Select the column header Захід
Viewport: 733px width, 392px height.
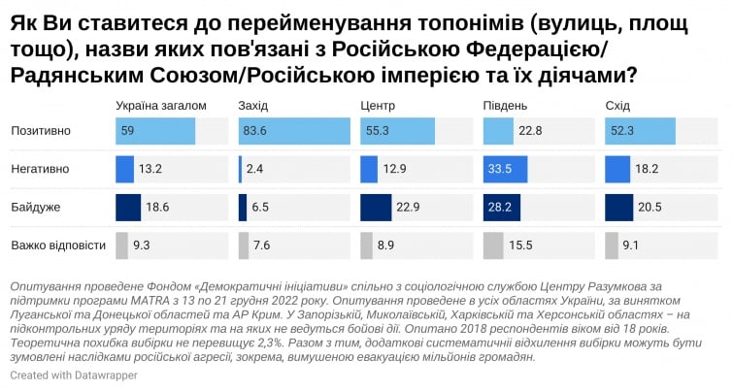coord(252,104)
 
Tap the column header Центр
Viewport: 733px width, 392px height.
coord(377,104)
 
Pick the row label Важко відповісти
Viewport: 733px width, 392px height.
coord(57,245)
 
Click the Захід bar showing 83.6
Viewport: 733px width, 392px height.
coord(293,131)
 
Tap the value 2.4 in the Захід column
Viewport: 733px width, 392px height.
coord(255,169)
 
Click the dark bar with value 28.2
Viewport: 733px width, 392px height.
coord(498,207)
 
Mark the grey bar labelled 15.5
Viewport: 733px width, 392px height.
coord(493,245)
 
